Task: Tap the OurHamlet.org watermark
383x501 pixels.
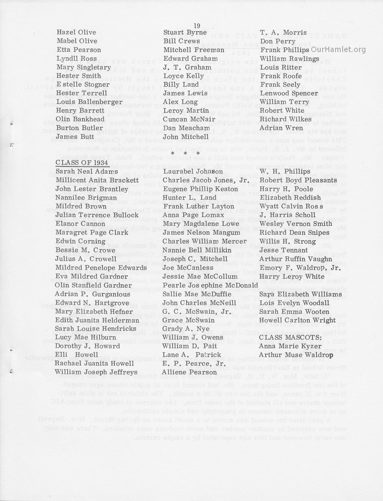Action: pos(338,50)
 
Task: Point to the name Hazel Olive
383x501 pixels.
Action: pos(76,32)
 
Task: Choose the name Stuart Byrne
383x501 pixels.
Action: pos(185,32)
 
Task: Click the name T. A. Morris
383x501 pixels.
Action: pos(283,32)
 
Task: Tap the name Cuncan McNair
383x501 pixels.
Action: pos(188,119)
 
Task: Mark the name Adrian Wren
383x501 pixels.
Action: pos(281,128)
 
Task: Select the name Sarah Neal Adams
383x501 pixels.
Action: pos(87,171)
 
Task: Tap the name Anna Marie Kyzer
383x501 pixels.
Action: pos(285,346)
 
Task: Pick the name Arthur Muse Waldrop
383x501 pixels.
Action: pos(296,355)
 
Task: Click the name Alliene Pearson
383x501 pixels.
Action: pos(190,372)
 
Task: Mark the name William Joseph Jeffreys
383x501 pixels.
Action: pos(96,372)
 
